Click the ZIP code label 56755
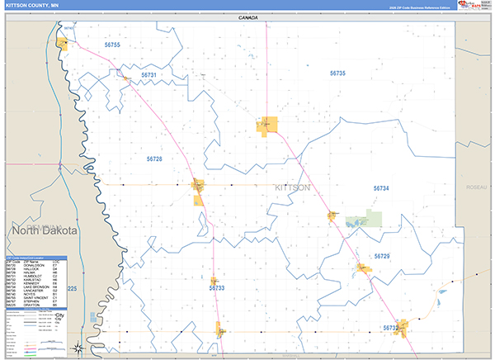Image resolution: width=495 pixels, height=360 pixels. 112,45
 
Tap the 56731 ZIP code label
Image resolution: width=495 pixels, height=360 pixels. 148,75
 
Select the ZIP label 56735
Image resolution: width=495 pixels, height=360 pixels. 337,73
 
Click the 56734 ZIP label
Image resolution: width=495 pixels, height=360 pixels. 380,189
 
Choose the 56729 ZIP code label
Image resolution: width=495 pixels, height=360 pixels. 381,257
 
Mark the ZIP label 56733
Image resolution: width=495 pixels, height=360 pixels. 217,288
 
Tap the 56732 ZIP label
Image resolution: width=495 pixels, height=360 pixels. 391,328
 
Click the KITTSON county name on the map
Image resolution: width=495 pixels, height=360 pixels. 293,188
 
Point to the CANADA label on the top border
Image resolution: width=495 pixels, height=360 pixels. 247,17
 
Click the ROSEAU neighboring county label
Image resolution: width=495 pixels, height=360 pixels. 476,188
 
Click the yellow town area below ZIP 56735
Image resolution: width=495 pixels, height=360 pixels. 268,126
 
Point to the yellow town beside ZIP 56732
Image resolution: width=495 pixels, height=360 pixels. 403,324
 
